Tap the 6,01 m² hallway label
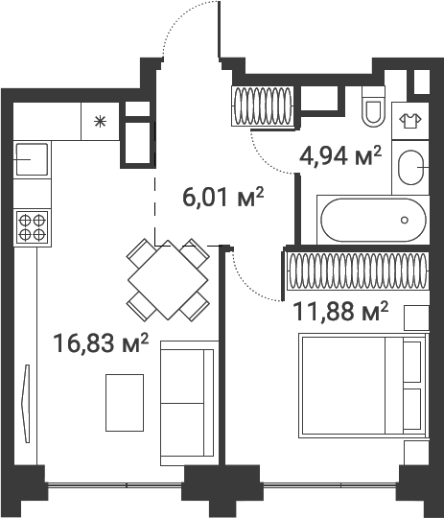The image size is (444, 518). pos(222,198)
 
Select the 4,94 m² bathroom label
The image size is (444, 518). pos(340,155)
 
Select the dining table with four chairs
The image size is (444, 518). pos(168,279)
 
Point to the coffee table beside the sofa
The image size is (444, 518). pos(125,401)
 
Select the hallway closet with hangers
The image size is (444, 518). pos(263,105)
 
